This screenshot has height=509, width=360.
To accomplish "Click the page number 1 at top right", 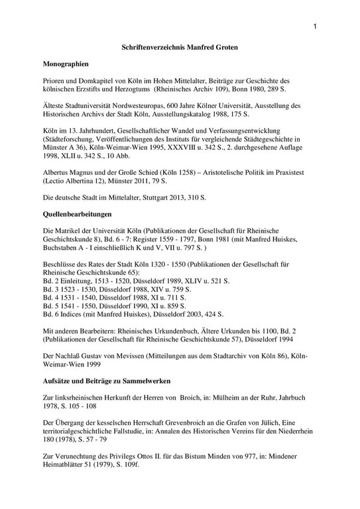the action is (x=315, y=26).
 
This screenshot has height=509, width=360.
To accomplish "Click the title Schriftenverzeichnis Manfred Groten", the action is (x=180, y=49).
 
